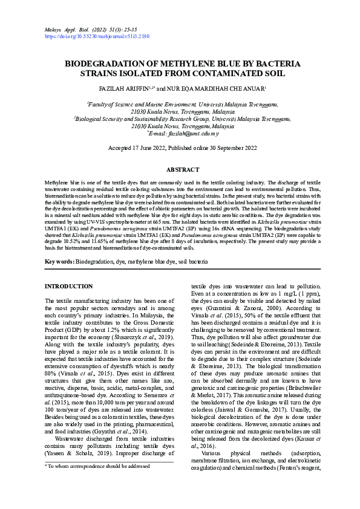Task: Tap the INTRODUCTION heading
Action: coord(69,286)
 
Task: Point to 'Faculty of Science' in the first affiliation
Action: coord(110,105)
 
